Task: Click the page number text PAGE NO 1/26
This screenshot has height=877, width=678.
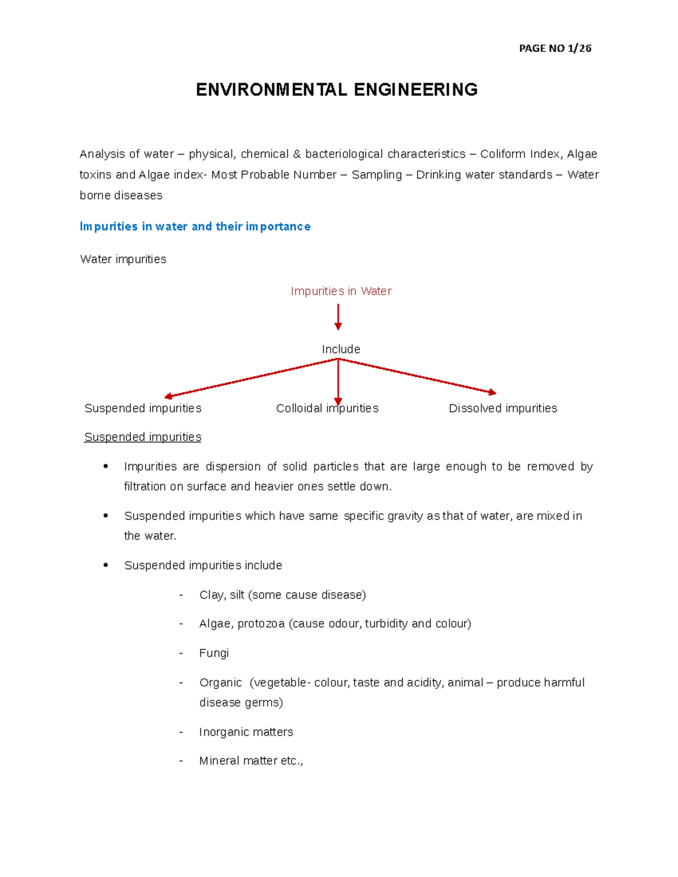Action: coord(555,49)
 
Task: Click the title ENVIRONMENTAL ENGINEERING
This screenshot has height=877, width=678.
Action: coord(337,90)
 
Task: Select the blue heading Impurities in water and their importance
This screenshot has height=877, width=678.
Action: coord(195,226)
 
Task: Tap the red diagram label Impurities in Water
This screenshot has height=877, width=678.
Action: coord(341,291)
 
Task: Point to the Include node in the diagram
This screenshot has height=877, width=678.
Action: coord(341,350)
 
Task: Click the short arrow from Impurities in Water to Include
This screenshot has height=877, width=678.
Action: coord(338,317)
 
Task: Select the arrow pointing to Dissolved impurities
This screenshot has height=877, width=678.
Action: coord(418,376)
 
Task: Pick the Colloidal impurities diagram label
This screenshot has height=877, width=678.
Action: coord(327,408)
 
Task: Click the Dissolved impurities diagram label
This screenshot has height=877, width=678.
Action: coord(502,408)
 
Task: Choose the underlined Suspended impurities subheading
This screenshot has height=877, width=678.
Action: coord(142,437)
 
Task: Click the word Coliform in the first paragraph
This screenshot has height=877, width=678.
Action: coord(502,154)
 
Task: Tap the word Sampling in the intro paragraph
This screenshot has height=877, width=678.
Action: coord(376,175)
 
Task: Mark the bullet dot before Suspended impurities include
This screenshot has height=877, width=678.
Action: coord(106,565)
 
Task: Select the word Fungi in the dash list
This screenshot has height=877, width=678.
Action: coord(214,653)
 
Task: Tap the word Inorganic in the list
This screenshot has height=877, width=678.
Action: coord(220,732)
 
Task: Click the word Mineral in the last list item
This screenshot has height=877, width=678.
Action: coord(219,761)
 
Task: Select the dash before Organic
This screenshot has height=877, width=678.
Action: coord(181,683)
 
